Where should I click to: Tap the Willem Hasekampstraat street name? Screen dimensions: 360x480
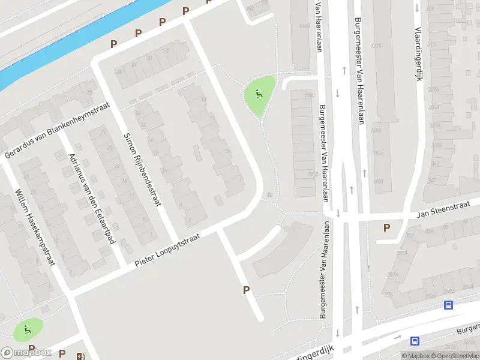point(35,227)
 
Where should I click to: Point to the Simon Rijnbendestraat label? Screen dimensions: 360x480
point(142,169)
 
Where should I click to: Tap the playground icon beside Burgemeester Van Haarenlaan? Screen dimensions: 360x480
point(259,94)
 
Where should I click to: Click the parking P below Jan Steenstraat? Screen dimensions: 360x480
point(386,227)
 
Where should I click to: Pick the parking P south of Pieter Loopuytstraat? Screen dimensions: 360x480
point(246,290)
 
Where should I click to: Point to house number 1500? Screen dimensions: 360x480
point(310,95)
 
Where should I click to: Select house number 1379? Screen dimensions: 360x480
point(376,46)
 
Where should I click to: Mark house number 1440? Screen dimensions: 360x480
point(304,26)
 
